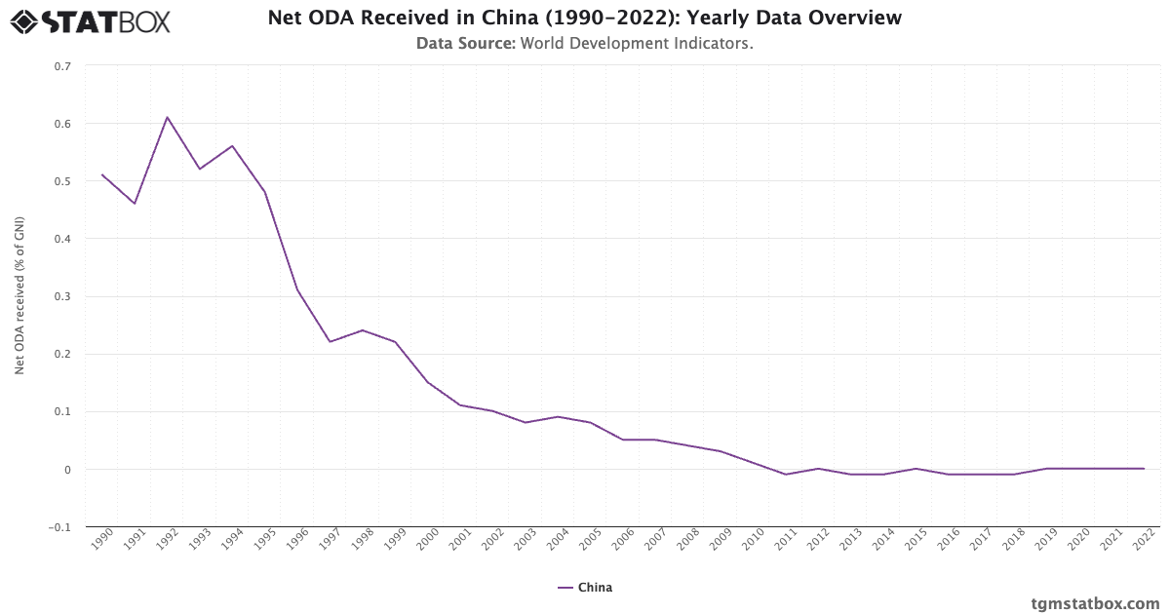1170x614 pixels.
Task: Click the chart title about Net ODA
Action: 585,18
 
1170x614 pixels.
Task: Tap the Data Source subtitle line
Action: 585,43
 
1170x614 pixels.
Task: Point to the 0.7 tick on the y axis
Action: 62,66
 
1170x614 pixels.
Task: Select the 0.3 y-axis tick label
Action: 62,296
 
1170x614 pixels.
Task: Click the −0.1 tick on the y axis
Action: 60,527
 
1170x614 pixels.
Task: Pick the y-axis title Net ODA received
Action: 19,295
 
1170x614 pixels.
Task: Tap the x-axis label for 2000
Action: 429,540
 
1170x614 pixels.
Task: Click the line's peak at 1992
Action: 167,117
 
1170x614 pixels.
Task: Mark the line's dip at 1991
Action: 135,204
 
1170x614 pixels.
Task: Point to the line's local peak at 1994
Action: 232,146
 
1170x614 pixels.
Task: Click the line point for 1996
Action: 297,290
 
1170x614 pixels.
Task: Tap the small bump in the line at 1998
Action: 363,330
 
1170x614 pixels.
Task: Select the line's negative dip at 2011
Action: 786,475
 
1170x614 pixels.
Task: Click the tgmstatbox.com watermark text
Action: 1095,603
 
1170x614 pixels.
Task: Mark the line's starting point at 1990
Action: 102,174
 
